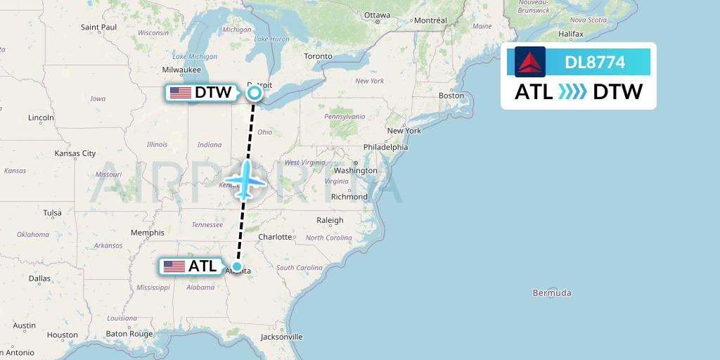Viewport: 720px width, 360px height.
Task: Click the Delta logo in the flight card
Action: click(x=530, y=62)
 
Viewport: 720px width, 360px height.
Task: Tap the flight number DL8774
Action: click(x=595, y=63)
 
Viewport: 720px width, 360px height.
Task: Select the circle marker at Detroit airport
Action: click(x=254, y=92)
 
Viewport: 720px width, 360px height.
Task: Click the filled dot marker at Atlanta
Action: click(x=238, y=266)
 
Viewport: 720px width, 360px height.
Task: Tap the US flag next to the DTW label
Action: click(x=181, y=93)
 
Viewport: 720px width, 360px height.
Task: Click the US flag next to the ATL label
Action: click(x=174, y=266)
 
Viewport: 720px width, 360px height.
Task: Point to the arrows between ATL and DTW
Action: click(x=572, y=92)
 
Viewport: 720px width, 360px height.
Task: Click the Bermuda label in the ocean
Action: click(x=552, y=292)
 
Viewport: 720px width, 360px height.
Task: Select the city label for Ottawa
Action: click(x=377, y=15)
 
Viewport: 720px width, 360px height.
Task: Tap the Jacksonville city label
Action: click(x=281, y=337)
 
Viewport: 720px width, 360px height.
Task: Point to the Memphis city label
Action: click(x=147, y=233)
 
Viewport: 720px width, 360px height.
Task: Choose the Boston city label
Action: click(x=451, y=95)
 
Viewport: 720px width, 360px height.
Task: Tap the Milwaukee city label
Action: click(x=181, y=70)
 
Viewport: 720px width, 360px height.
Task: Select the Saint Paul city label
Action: click(x=98, y=27)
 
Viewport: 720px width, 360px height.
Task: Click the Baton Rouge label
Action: click(x=129, y=334)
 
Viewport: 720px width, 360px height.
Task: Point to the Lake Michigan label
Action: click(x=195, y=56)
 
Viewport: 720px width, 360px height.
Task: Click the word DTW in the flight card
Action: click(x=617, y=92)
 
